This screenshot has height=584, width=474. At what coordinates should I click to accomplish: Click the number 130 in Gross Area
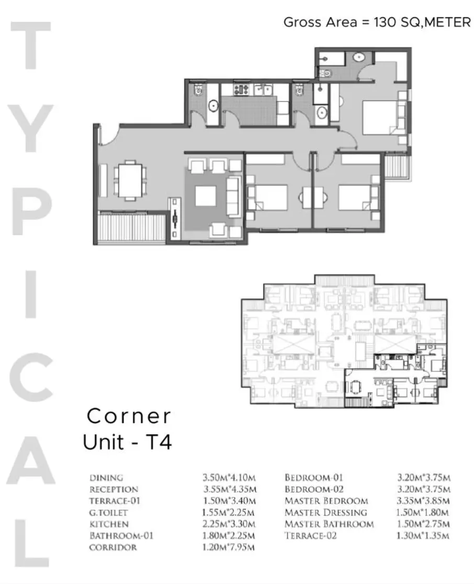385,22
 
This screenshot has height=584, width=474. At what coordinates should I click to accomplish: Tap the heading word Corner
129,416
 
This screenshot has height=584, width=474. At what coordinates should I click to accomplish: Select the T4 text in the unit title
159,442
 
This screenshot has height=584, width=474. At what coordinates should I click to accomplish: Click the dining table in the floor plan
130,181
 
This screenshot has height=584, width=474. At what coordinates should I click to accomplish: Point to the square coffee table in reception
206,196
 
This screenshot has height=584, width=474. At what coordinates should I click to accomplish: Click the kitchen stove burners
241,89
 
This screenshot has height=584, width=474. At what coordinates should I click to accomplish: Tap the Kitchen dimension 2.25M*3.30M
229,524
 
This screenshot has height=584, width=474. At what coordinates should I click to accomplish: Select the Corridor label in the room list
113,547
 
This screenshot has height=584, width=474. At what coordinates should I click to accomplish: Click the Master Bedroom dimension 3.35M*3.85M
423,501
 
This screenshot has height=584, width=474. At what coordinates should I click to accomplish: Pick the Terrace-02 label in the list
310,536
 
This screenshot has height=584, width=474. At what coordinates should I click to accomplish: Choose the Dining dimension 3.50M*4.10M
229,477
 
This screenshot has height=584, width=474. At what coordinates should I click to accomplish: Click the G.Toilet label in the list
108,513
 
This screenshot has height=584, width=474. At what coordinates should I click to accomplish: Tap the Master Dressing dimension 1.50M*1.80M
422,512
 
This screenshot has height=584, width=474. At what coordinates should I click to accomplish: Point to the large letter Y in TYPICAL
30,128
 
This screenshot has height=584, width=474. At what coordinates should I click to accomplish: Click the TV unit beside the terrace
174,219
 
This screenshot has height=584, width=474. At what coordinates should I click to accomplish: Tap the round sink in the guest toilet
213,106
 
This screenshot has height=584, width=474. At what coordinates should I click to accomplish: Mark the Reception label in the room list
114,489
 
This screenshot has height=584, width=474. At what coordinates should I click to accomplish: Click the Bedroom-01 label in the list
313,477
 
